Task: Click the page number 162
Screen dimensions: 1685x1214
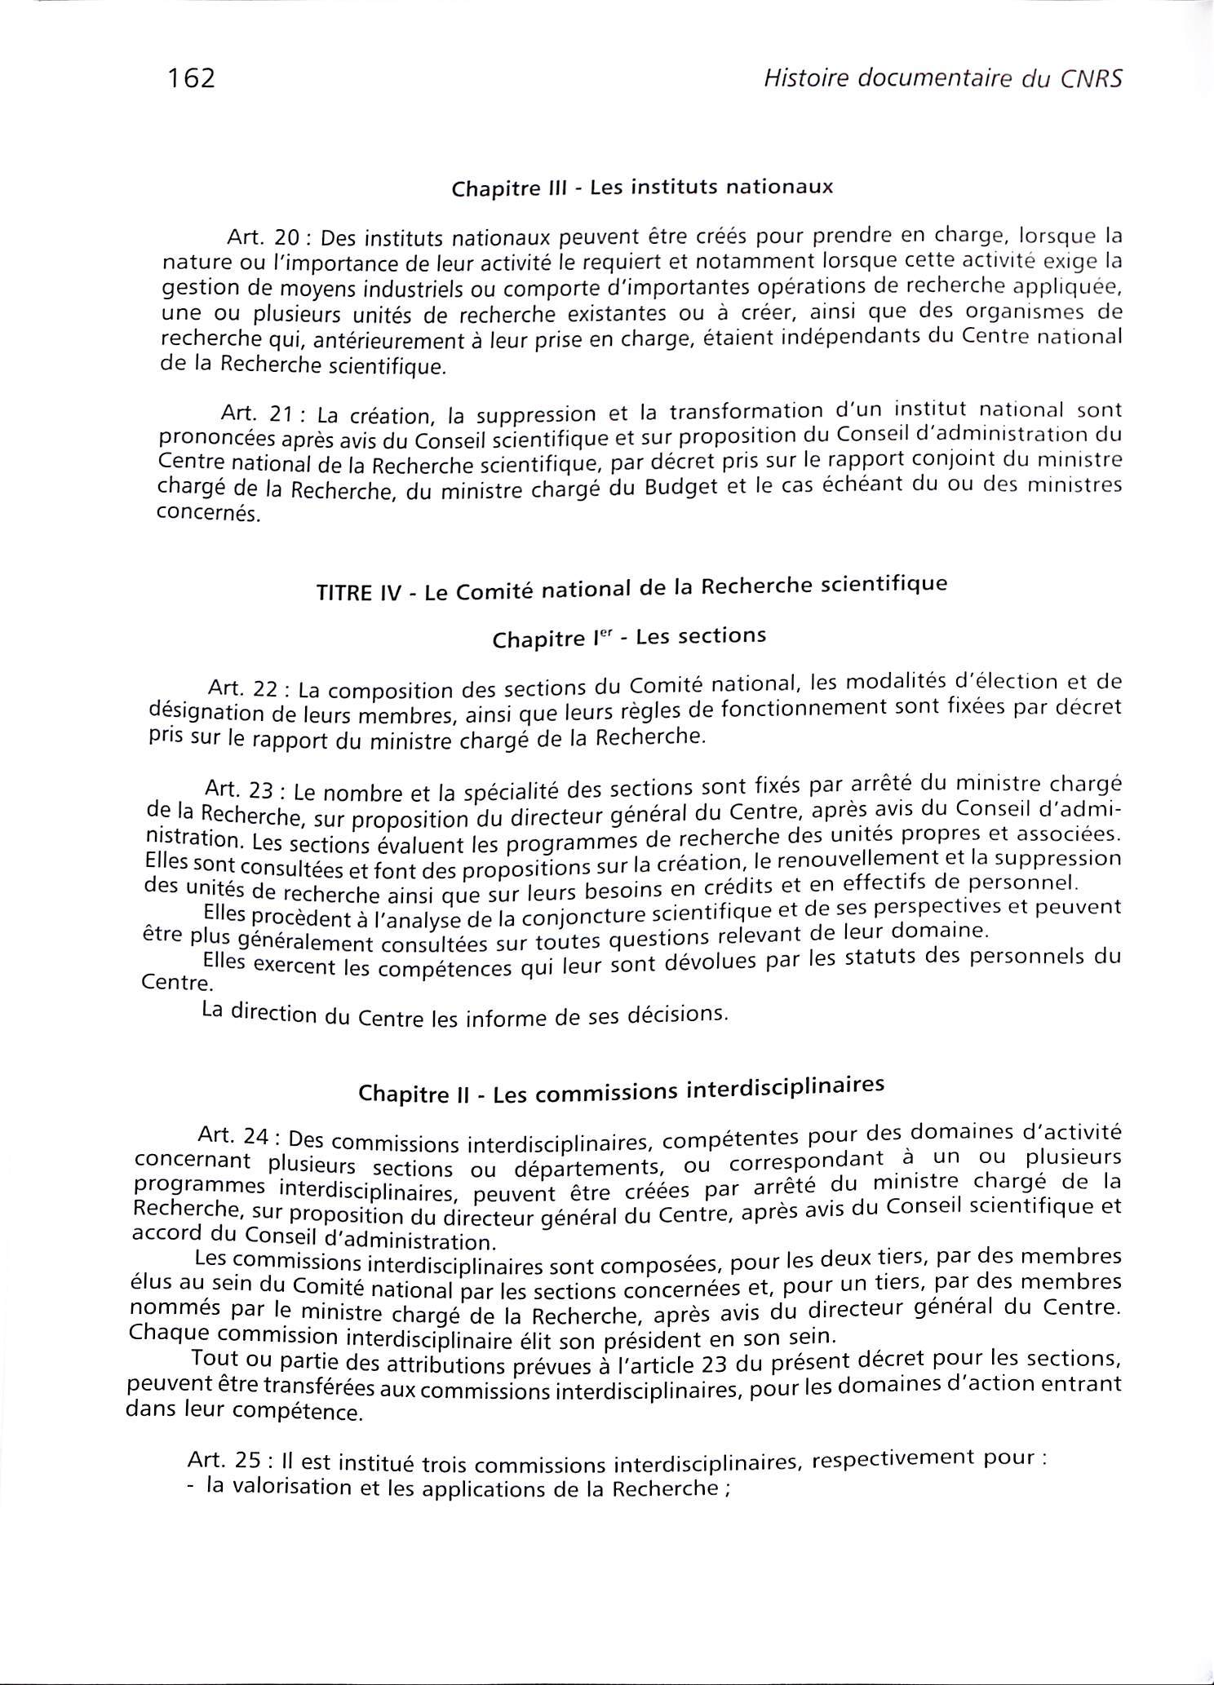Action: (x=191, y=78)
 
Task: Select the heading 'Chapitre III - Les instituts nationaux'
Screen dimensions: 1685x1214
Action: (x=642, y=188)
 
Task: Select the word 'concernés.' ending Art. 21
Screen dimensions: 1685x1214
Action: (x=208, y=515)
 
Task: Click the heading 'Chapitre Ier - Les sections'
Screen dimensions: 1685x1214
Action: (x=629, y=637)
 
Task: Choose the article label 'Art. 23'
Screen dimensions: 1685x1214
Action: (x=242, y=789)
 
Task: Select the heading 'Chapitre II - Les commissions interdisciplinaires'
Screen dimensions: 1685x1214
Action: (x=622, y=1090)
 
